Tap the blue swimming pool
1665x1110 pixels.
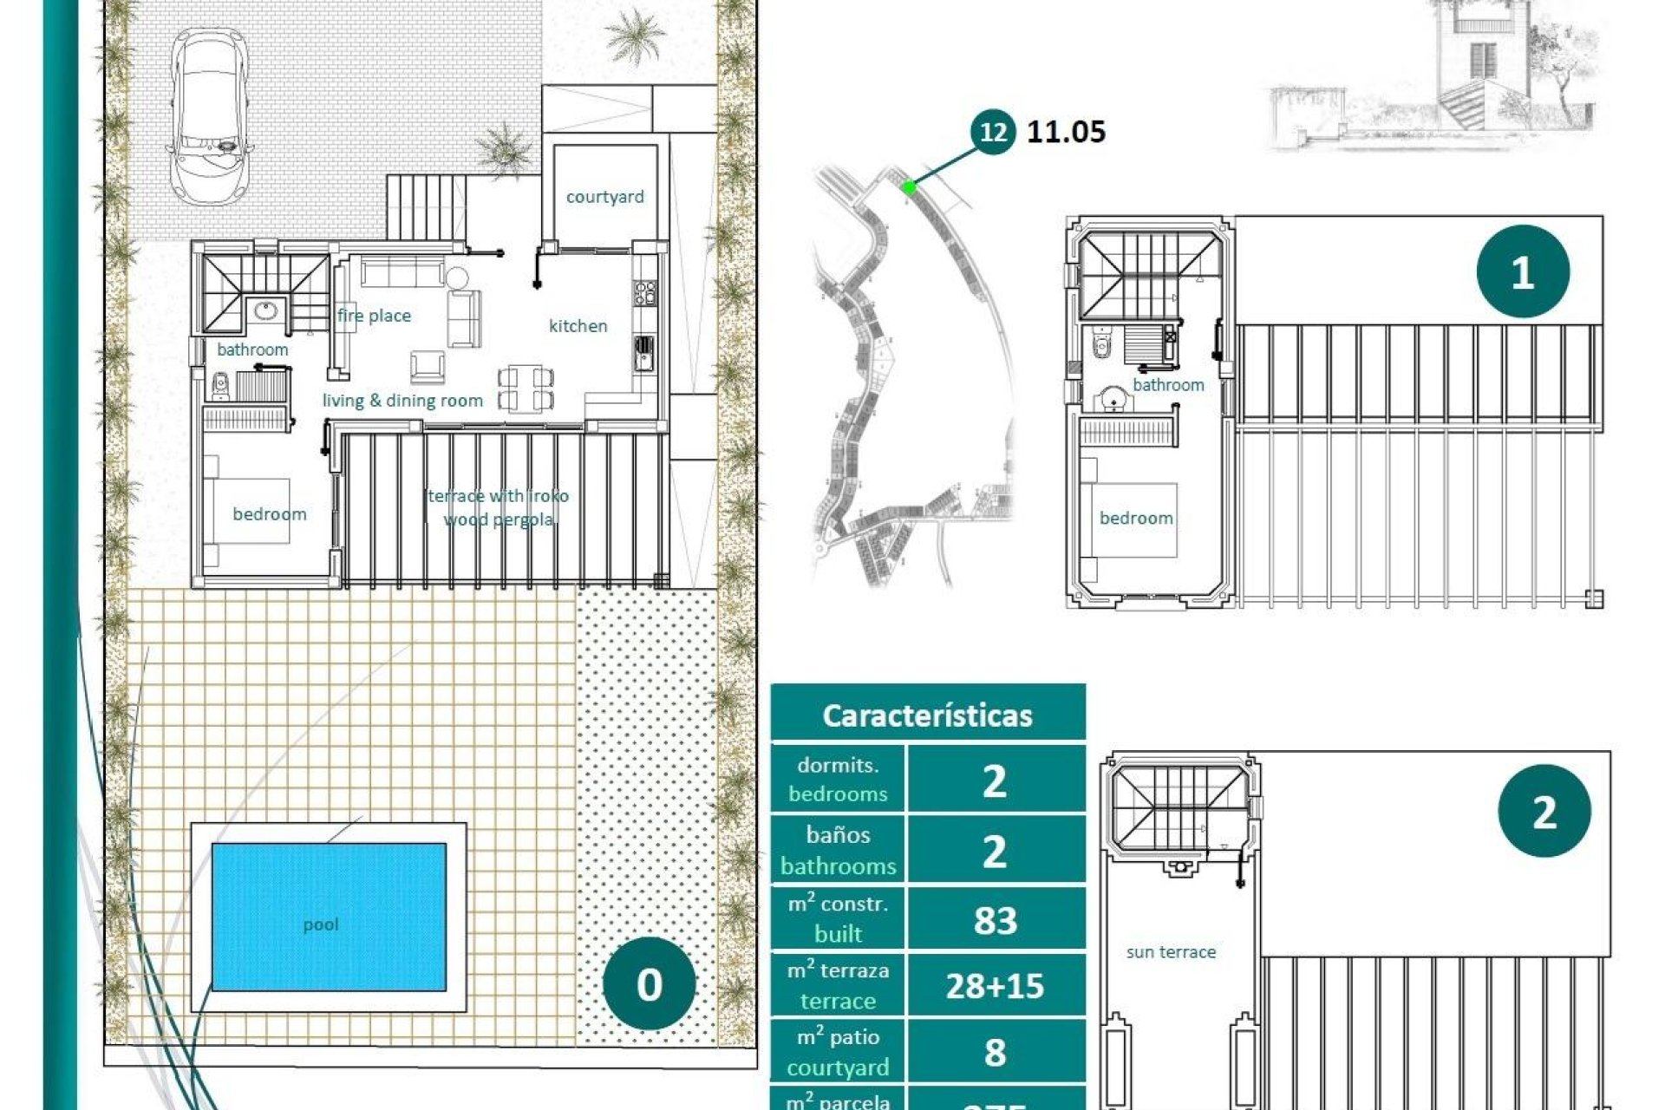(329, 917)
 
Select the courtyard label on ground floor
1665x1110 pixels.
(604, 197)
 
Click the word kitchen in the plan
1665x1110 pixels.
(578, 326)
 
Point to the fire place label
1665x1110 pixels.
(374, 316)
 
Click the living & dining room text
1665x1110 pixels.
(402, 401)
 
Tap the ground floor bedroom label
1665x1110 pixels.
(269, 514)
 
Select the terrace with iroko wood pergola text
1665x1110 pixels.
(499, 507)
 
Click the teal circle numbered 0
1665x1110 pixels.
(649, 983)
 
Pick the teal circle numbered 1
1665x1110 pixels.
(1522, 272)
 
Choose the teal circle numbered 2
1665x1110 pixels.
(1544, 812)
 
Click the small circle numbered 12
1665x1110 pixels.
(992, 132)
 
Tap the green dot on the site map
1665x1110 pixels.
(909, 186)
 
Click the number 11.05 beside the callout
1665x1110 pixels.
(1066, 132)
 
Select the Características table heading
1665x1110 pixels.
(927, 715)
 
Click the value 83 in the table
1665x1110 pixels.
(995, 920)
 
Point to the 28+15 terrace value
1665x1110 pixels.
(995, 986)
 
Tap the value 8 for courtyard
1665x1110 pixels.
(995, 1052)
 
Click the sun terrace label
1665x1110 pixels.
(1171, 952)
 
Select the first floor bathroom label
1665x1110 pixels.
(1168, 385)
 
